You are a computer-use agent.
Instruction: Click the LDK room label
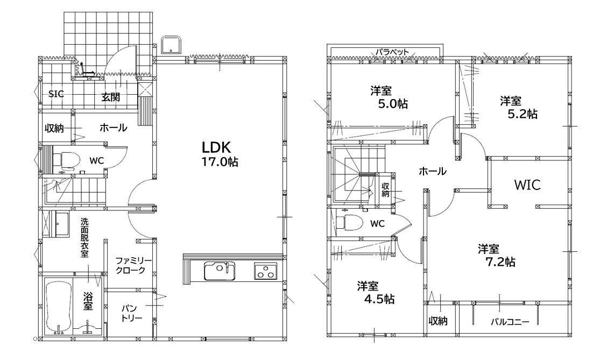[x=216, y=147]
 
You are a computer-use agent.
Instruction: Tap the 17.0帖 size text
[x=220, y=162]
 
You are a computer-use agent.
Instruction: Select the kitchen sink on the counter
[x=220, y=271]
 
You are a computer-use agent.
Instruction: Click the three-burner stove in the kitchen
[x=265, y=271]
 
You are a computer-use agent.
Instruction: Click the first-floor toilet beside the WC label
[x=66, y=159]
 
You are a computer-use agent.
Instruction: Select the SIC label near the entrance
[x=56, y=94]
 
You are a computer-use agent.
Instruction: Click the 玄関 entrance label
[x=111, y=97]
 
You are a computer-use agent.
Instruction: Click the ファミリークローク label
[x=133, y=265]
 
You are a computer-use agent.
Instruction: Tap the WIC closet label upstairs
[x=527, y=185]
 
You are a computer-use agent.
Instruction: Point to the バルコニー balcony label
[x=510, y=322]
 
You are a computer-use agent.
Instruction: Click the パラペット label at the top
[x=392, y=51]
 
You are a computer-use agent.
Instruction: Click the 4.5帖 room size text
[x=378, y=299]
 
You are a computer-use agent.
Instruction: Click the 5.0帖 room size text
[x=393, y=104]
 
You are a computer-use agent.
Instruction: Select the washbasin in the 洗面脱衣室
[x=62, y=224]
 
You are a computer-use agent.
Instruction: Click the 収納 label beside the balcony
[x=438, y=321]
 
